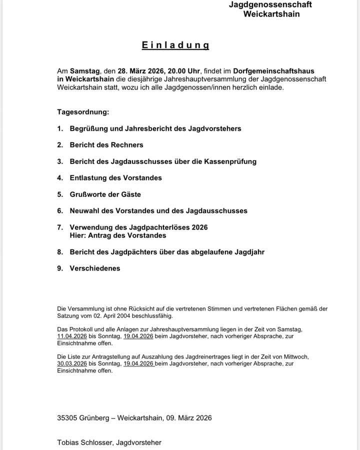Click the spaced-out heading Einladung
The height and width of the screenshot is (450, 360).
[x=175, y=45]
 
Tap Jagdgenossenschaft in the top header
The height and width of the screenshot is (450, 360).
[x=270, y=4]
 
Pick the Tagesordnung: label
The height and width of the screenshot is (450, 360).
[x=83, y=112]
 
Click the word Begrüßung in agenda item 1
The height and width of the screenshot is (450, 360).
[x=88, y=128]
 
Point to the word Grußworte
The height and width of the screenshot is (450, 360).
[x=88, y=194]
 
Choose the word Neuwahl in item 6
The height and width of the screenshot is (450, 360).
[x=84, y=211]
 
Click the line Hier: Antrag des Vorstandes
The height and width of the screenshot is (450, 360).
[x=118, y=235]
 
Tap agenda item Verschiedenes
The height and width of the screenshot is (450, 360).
[x=95, y=268]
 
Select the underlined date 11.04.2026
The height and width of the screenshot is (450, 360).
[x=72, y=336]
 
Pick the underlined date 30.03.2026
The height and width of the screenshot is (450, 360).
[x=72, y=363]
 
